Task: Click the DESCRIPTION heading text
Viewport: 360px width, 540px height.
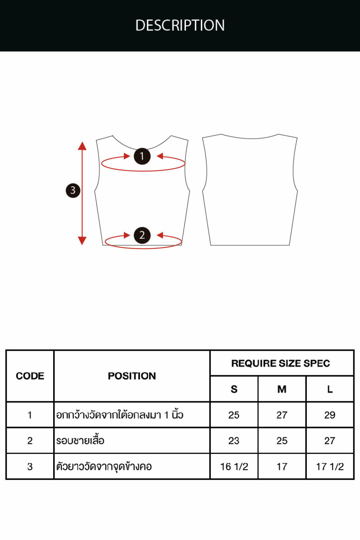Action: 180,25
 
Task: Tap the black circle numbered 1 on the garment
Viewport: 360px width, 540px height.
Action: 142,156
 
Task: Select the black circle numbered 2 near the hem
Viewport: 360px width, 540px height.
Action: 142,235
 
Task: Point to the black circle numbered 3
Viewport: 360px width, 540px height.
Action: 73,190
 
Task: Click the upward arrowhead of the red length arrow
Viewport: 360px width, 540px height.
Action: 82,146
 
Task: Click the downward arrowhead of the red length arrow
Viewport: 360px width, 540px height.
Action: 82,240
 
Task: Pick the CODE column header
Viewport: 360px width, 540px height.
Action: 30,376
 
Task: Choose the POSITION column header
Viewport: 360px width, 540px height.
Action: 132,376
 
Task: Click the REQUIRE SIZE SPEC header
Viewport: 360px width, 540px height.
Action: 281,363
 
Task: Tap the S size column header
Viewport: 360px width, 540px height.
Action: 234,389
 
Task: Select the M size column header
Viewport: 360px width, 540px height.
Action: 282,389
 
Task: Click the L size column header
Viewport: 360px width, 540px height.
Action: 330,389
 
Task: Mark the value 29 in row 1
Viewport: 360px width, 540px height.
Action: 330,415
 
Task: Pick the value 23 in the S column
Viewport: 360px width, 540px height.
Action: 234,441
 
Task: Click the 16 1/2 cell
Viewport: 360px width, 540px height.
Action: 234,467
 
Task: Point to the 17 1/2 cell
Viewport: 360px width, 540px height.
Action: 330,467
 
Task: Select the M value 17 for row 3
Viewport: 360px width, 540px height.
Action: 282,467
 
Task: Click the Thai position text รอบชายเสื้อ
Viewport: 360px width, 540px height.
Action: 80,440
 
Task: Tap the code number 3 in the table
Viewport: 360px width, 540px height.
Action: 30,467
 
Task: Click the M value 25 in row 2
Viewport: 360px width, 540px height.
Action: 282,441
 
